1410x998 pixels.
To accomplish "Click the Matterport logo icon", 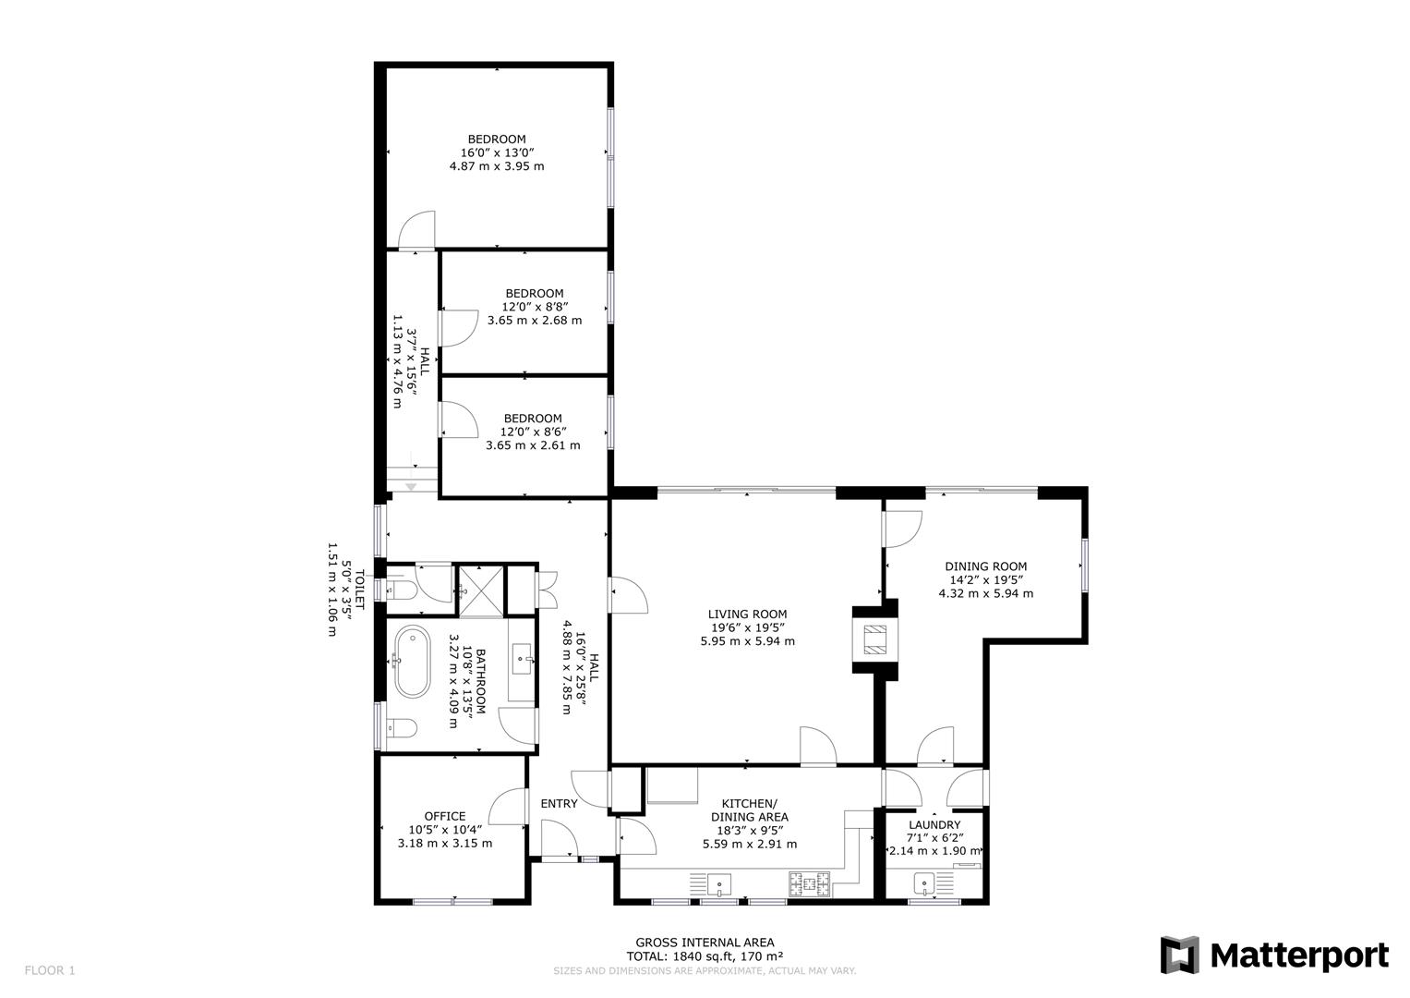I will point(1179,955).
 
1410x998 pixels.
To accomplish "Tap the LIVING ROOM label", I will point(747,614).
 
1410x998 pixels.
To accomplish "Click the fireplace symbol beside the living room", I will point(874,639).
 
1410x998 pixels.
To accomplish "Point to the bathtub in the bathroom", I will point(412,662).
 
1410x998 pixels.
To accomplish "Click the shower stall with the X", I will point(480,588).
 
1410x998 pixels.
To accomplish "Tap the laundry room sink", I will point(924,884).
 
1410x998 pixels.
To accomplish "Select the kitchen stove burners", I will point(809,884).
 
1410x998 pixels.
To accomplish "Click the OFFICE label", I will point(444,816).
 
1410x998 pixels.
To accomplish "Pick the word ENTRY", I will point(559,803).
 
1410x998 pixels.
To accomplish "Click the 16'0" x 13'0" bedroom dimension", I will point(497,153).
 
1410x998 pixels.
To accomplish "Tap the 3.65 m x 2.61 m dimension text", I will point(533,445).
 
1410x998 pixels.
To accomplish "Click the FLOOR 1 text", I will point(49,970).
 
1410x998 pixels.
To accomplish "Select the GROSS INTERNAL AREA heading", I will point(705,943).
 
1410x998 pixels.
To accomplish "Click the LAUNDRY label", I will point(934,824).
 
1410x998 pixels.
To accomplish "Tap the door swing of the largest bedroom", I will point(417,231).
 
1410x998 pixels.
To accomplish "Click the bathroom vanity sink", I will point(523,660).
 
